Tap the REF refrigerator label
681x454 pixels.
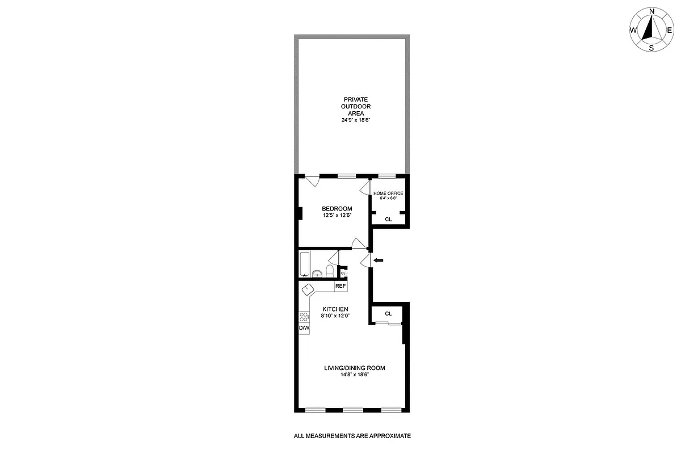[340, 286]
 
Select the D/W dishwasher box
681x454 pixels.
[304, 327]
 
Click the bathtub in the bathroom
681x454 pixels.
[304, 264]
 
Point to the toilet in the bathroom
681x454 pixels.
[330, 270]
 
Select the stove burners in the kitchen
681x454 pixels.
[304, 317]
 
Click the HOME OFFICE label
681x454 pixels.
[388, 194]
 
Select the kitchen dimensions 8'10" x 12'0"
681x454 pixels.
[335, 316]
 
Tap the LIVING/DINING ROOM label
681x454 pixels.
[354, 368]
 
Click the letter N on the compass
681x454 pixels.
[652, 11]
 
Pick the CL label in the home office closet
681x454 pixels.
[388, 219]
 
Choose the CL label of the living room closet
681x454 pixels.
[388, 313]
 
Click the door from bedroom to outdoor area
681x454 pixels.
[312, 181]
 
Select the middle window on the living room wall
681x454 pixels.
[352, 410]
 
